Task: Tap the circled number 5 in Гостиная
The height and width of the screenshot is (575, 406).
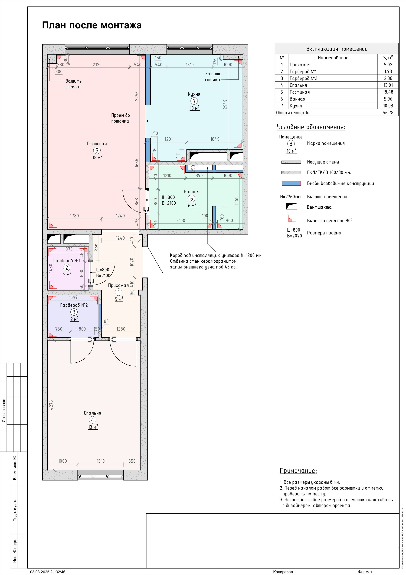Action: (97, 150)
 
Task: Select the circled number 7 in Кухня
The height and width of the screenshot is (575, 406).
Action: (194, 101)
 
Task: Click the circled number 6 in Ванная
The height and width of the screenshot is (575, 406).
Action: (192, 198)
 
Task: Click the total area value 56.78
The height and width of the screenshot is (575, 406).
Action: (388, 113)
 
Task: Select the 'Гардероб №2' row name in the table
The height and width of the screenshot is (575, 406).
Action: (303, 78)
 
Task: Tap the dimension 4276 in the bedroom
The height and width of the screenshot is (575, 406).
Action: (51, 405)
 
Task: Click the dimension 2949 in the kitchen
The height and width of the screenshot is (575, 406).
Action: (225, 104)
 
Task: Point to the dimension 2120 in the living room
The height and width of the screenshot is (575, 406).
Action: (97, 65)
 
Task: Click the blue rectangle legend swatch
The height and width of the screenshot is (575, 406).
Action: (291, 183)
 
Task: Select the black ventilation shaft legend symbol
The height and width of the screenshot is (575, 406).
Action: (291, 207)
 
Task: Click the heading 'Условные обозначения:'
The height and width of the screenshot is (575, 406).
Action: (311, 127)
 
